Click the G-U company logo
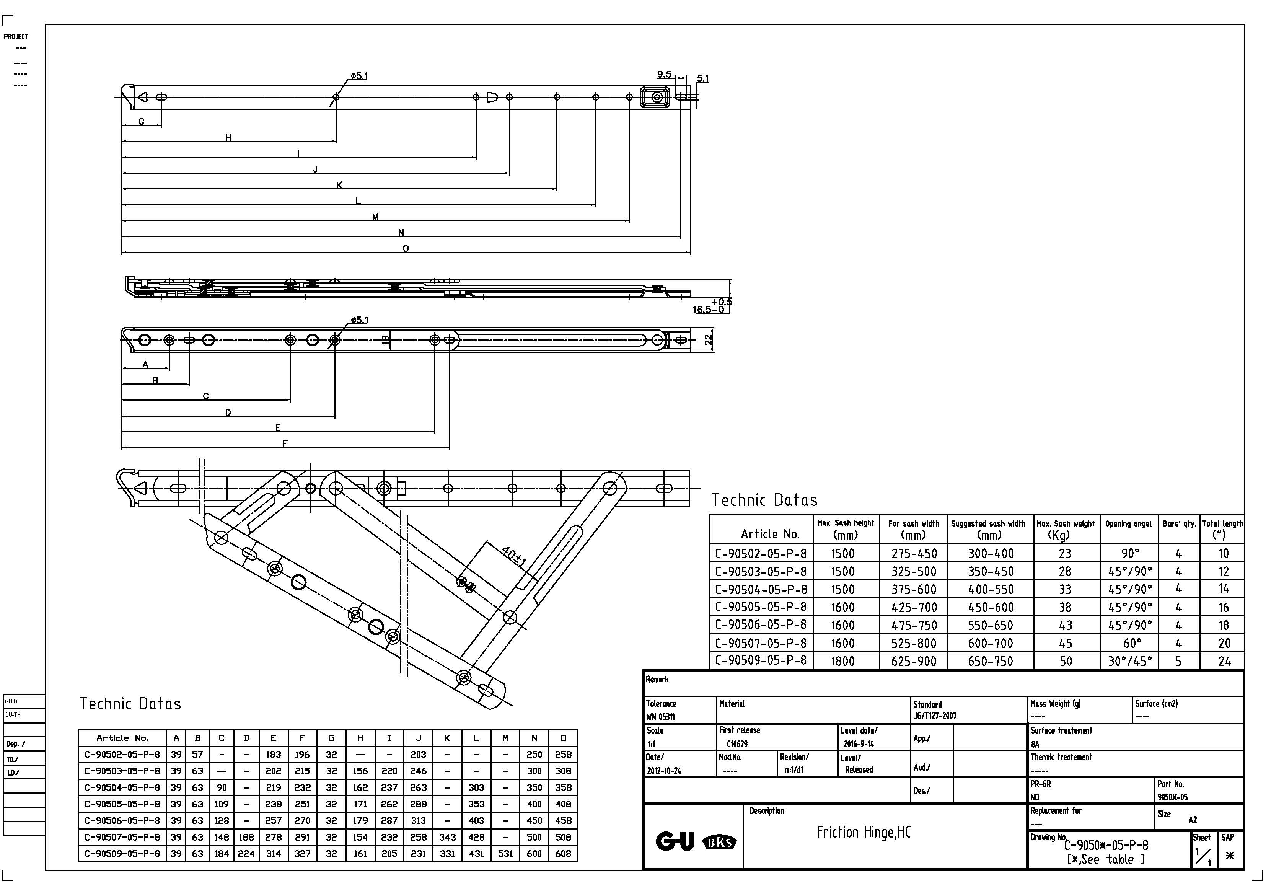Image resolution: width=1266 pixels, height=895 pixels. pos(675,841)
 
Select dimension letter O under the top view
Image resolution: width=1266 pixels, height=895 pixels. pos(406,249)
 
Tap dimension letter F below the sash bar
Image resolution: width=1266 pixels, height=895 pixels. pos(285,443)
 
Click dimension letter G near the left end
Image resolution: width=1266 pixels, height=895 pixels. pos(141,121)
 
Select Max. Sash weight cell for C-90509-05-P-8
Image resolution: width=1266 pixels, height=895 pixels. pos(1065,661)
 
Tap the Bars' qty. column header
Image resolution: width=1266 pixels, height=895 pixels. pos(1179,524)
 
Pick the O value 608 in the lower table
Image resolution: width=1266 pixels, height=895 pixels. pos(563,854)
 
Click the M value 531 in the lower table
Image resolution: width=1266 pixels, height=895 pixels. pos(505,854)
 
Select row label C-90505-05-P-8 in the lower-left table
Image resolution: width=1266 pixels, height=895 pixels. pos(122,804)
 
